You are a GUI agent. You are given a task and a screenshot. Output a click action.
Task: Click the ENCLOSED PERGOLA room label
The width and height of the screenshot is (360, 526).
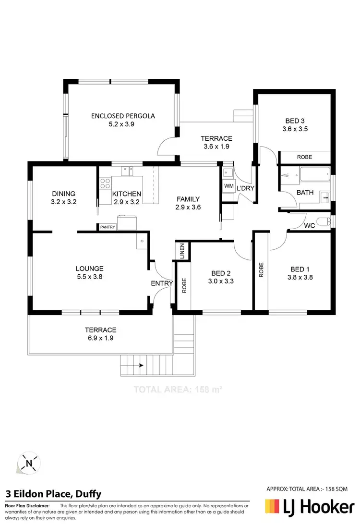click(x=123, y=116)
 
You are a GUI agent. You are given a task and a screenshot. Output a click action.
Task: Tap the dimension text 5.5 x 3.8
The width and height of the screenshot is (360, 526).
click(x=89, y=277)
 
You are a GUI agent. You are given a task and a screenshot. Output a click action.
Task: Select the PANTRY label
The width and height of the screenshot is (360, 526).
click(x=108, y=227)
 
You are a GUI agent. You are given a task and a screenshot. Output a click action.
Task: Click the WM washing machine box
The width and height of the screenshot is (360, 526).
click(x=228, y=186)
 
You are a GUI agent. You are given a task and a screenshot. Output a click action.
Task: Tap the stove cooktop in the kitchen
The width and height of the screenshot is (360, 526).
click(x=105, y=183)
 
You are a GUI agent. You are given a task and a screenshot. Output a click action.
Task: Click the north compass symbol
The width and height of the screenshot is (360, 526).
click(x=29, y=464)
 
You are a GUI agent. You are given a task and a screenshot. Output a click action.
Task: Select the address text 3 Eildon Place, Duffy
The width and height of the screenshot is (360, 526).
click(x=53, y=494)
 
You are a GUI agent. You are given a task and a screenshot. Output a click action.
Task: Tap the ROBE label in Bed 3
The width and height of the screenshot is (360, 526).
click(x=304, y=157)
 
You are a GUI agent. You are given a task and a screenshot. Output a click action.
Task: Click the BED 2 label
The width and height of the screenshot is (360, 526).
click(x=221, y=273)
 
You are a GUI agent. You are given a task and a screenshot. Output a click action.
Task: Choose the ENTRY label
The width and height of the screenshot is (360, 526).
click(x=162, y=283)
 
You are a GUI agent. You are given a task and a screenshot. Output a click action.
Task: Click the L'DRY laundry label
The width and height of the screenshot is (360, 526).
click(x=245, y=188)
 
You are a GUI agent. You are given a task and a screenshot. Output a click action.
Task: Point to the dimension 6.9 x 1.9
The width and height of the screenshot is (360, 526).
click(x=101, y=338)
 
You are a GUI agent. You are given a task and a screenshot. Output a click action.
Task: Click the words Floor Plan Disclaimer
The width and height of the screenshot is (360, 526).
click(x=27, y=506)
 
